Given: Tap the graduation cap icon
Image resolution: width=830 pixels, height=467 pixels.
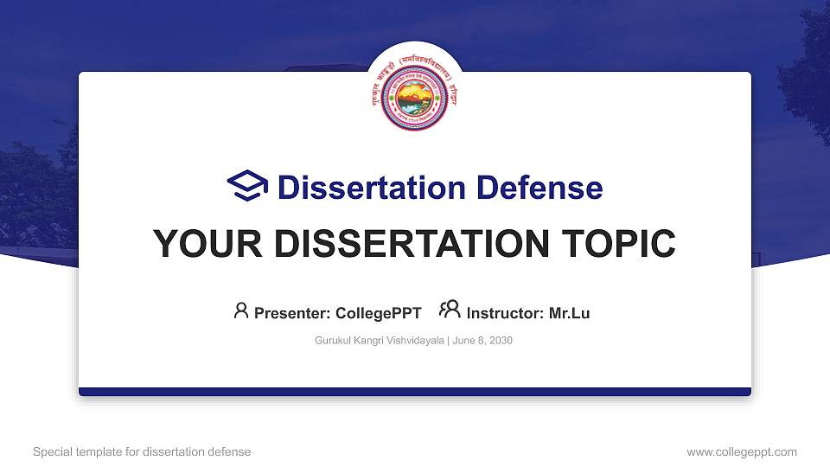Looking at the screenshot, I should pyautogui.click(x=247, y=187).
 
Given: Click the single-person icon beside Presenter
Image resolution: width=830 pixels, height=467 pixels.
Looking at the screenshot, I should pyautogui.click(x=241, y=310).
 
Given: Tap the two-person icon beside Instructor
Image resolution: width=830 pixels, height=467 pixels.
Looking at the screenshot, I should pyautogui.click(x=450, y=310).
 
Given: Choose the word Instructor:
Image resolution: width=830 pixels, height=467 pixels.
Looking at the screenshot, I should pyautogui.click(x=505, y=313).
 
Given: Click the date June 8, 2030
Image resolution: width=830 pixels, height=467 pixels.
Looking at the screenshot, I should pyautogui.click(x=482, y=341).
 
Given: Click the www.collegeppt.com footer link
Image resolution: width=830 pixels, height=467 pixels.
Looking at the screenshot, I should pyautogui.click(x=742, y=451).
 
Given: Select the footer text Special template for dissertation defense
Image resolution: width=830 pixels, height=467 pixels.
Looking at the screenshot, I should pyautogui.click(x=142, y=451).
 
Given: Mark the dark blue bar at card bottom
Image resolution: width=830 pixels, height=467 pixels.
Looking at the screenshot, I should pyautogui.click(x=415, y=392).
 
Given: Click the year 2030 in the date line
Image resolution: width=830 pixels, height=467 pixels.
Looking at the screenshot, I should pyautogui.click(x=500, y=341).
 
